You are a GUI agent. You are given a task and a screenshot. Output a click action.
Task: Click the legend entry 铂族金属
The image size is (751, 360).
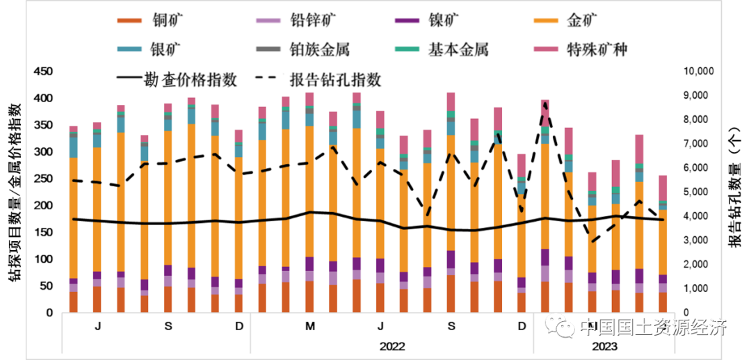coord(319,49)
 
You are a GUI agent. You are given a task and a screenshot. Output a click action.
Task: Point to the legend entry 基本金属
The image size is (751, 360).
coord(458,49)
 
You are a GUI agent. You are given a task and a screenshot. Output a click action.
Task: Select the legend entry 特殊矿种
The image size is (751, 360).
coord(597,49)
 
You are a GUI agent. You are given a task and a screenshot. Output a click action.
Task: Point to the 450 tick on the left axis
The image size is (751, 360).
coord(43,72)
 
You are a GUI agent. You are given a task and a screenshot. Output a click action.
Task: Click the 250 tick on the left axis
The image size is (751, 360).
coord(43,179)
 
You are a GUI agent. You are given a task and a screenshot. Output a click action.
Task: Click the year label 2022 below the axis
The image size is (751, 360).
coord(392,346)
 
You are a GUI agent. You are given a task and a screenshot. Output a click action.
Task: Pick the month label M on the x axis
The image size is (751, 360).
coord(310,327)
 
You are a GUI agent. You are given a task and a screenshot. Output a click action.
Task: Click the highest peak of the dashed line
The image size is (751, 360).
coord(545,103)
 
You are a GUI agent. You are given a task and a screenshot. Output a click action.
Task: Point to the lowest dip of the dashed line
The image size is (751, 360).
coord(592,242)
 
